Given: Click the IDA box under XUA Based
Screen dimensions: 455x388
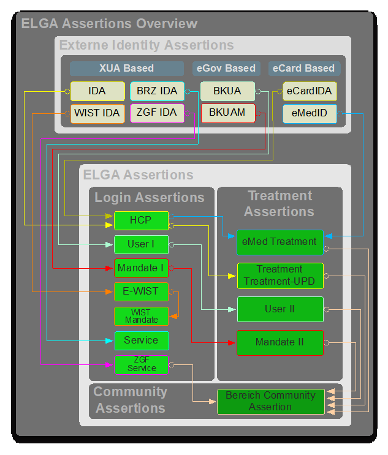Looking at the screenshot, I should tap(97, 91).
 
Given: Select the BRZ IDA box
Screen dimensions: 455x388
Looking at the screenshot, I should tap(157, 91).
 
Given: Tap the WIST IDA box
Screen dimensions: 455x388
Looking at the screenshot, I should tap(97, 113).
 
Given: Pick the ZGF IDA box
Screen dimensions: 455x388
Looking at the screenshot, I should tap(157, 113).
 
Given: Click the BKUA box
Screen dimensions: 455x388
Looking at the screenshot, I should tap(227, 91).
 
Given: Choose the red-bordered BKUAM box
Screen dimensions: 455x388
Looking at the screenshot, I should tap(227, 113).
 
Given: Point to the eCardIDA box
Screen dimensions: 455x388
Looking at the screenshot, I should tap(310, 91).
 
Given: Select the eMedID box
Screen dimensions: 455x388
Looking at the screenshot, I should tap(310, 113).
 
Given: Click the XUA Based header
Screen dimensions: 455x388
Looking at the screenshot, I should tap(126, 68).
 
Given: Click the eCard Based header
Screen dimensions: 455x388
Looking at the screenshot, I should tap(304, 68).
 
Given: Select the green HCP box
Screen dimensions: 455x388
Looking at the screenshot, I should tap(141, 220).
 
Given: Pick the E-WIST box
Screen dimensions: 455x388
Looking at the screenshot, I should tap(141, 291).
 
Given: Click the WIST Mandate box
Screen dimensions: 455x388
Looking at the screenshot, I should tap(141, 316).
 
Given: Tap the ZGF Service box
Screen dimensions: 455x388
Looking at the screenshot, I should tap(141, 364).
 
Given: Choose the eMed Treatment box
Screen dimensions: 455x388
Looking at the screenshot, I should tap(280, 242).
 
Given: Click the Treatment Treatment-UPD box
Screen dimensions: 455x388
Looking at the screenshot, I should tap(280, 276).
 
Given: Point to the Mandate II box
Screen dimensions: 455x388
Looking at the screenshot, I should tap(280, 342).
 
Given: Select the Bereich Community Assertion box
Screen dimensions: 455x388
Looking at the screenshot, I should tap(270, 401).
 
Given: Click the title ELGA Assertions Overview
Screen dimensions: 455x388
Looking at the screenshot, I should tap(110, 24).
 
